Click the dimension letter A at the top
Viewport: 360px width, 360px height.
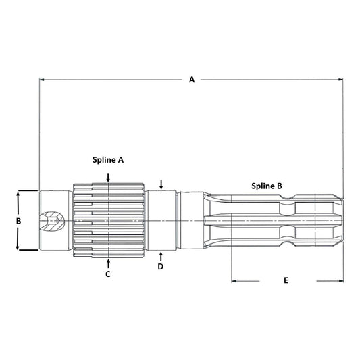click(191, 80)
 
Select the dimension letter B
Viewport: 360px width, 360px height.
click(19, 221)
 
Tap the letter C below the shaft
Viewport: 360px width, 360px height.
click(108, 274)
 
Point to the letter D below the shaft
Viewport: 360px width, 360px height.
click(161, 267)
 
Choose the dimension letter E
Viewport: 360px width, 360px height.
click(286, 280)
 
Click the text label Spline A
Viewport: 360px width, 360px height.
click(108, 160)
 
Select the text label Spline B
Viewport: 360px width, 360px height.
click(266, 185)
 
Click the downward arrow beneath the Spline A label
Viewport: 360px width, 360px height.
click(108, 176)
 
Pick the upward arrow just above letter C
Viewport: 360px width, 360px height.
click(108, 261)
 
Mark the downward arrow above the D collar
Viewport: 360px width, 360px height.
click(161, 185)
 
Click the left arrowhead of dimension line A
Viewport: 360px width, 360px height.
click(43, 80)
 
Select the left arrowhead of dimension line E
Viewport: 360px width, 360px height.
click(234, 279)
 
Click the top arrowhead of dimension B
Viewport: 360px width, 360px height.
click(19, 194)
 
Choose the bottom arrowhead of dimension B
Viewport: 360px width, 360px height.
click(19, 248)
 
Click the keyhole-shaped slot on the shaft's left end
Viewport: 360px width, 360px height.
click(51, 220)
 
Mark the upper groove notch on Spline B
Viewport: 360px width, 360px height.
click(289, 200)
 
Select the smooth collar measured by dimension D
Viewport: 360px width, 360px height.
click(162, 220)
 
